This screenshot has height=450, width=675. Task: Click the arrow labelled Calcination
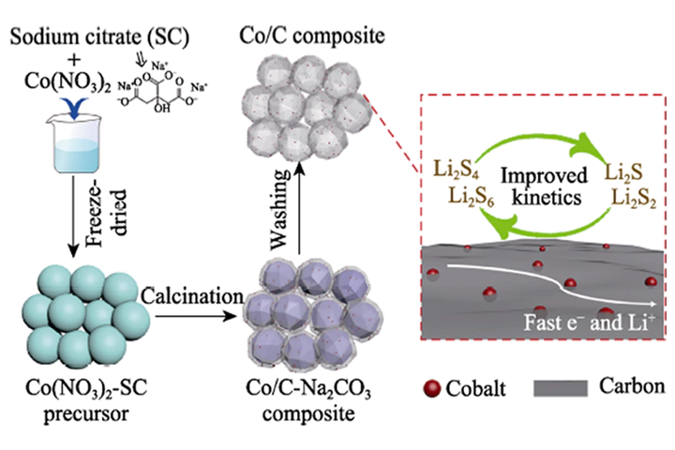[x=196, y=317]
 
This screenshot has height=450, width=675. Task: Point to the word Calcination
[x=192, y=296]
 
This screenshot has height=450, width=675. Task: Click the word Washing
[x=280, y=210]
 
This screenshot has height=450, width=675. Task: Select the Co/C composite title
[x=312, y=36]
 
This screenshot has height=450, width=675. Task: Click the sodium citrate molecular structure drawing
[x=162, y=87]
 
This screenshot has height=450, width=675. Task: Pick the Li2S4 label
[x=456, y=170]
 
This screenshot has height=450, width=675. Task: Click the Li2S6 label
[x=472, y=196]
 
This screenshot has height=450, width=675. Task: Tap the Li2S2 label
[x=634, y=199]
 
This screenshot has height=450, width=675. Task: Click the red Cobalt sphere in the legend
[x=432, y=388]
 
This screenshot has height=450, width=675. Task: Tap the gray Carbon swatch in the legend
[x=561, y=388]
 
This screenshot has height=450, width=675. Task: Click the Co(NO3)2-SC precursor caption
[x=86, y=400]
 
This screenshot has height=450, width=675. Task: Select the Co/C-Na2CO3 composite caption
[x=308, y=400]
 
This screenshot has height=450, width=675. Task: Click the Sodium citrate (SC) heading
[x=99, y=37]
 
